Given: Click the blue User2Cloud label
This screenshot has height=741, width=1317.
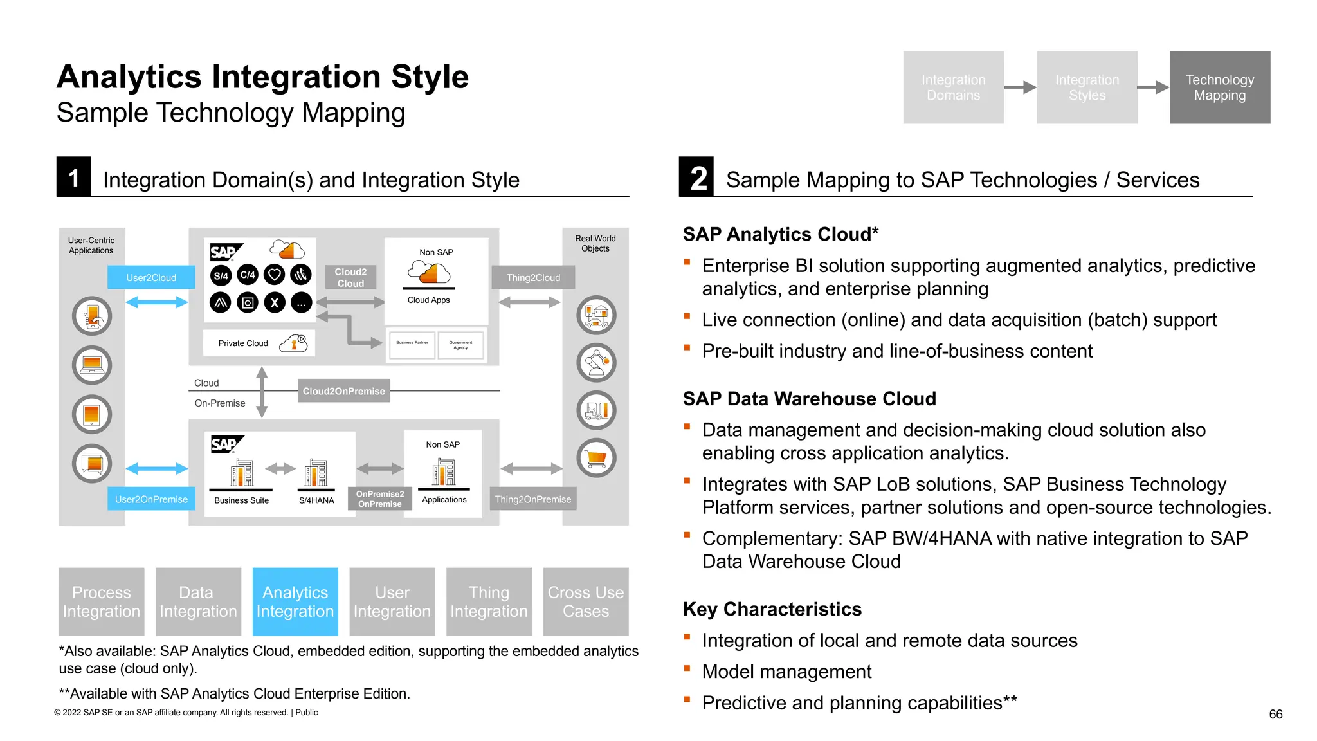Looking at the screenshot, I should (x=151, y=277).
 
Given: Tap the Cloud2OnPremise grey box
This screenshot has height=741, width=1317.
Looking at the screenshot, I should (x=343, y=390).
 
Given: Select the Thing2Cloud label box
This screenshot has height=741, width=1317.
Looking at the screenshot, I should (x=532, y=277).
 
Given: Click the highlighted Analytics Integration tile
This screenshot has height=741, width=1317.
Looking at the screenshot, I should (x=295, y=601).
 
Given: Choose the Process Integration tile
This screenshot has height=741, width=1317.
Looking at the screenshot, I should (x=102, y=601).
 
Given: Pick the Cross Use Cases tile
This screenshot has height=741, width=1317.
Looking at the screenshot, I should (x=585, y=601).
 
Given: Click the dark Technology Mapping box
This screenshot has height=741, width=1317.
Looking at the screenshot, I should (x=1219, y=87).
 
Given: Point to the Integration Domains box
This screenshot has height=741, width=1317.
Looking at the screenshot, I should (x=953, y=87).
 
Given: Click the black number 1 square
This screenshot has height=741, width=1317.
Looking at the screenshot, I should (x=73, y=177).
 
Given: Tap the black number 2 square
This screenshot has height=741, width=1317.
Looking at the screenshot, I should (x=696, y=177).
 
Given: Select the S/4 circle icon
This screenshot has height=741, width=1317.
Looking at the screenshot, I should (x=221, y=275).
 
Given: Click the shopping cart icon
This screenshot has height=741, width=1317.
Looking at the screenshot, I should (x=596, y=458).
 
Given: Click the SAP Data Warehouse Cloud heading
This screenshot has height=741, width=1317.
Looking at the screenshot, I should (x=809, y=399).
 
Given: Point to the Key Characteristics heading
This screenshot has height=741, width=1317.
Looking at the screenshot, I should (x=772, y=609).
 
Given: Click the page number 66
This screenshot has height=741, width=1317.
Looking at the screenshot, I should (x=1275, y=714).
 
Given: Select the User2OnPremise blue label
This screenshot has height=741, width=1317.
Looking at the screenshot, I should (x=151, y=499).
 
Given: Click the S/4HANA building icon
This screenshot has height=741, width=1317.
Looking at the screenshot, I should (x=316, y=473).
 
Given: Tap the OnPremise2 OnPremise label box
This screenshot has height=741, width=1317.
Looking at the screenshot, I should (x=380, y=499).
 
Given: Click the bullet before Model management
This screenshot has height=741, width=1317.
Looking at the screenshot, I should (x=687, y=669).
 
